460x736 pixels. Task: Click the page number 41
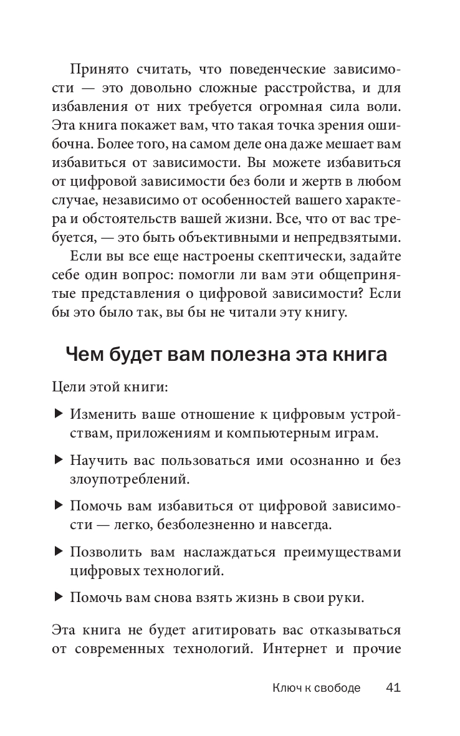click(393, 688)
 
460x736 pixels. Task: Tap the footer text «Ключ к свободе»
click(316, 689)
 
